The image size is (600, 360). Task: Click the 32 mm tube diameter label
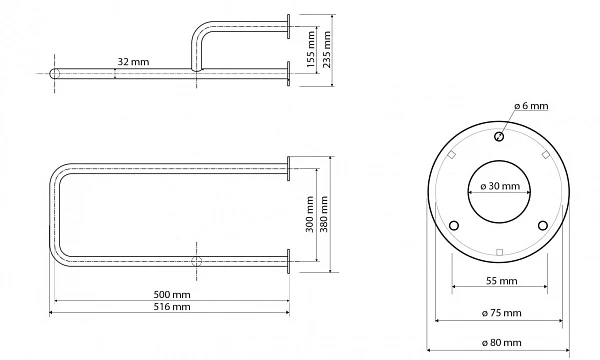tap(133, 62)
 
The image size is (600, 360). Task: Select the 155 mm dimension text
tap(311, 49)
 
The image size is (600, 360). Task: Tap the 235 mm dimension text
tap(326, 49)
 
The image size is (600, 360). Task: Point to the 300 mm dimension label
tap(310, 214)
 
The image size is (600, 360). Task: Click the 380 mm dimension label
tap(324, 214)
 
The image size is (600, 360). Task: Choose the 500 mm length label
tap(172, 295)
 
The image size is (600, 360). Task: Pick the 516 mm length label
tap(172, 307)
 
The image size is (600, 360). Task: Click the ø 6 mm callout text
tap(531, 106)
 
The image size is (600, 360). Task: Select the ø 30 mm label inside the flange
tap(500, 186)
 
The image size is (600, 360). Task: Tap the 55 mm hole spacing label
tap(502, 281)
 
